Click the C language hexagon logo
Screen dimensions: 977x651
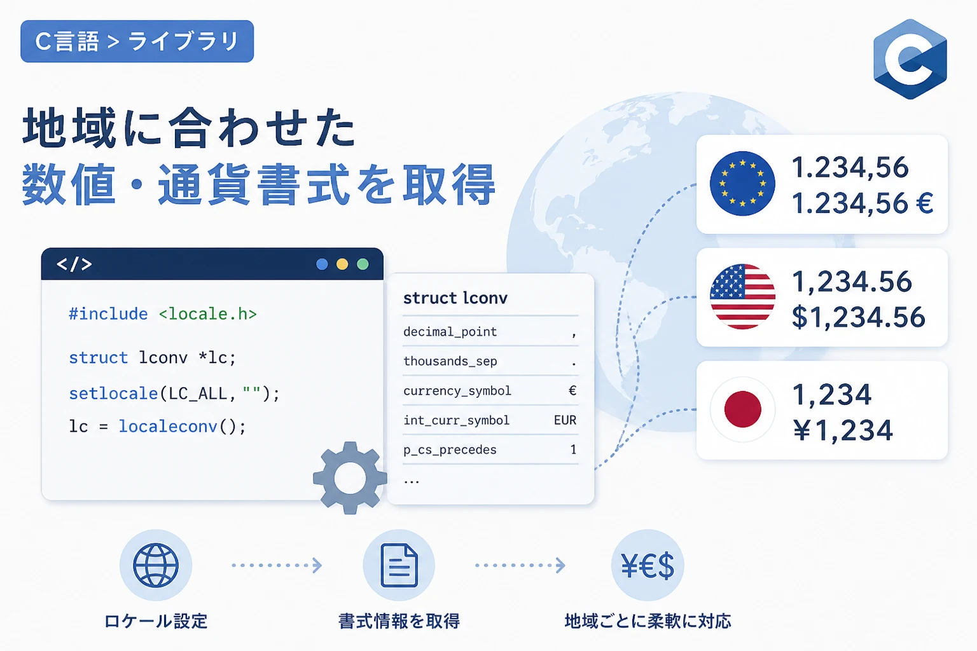(910, 59)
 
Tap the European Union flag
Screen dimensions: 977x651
(742, 184)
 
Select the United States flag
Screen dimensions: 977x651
(742, 296)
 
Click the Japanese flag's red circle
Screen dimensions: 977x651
(742, 409)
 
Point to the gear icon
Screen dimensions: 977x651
(350, 478)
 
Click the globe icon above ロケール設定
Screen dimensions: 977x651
(156, 565)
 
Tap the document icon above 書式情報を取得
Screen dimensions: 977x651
(399, 565)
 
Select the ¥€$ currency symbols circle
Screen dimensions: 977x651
(648, 565)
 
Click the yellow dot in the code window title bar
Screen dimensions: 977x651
(342, 264)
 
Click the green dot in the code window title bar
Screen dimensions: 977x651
(363, 264)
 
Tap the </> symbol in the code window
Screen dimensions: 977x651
(74, 264)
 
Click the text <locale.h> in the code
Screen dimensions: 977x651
(207, 314)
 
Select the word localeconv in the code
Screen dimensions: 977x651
(168, 427)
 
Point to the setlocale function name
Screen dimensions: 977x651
(113, 394)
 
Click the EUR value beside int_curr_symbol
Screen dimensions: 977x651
(565, 420)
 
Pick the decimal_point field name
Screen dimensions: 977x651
(450, 332)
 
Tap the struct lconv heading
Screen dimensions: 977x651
(455, 298)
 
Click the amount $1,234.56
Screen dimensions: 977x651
(858, 317)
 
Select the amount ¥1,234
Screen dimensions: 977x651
(843, 430)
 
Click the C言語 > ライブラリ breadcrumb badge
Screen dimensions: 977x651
(137, 41)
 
